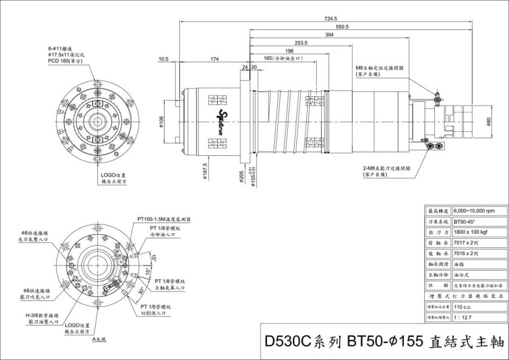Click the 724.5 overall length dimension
click(331, 19)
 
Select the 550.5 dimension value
click(342, 27)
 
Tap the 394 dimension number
click(329, 35)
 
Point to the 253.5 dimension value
click(301, 43)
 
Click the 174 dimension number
click(214, 59)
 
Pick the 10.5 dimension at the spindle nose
click(164, 59)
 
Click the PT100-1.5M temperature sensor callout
click(164, 218)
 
